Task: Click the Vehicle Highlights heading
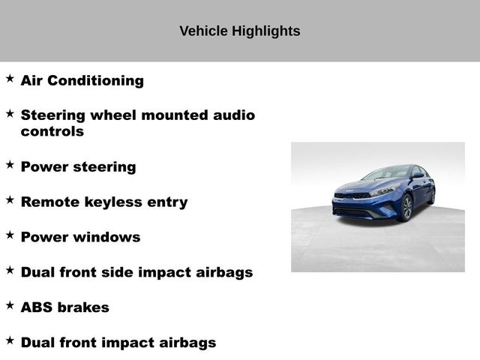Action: [240, 31]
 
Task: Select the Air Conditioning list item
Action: [82, 80]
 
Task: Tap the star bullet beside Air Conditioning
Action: [10, 78]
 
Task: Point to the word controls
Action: [52, 131]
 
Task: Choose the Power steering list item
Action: [78, 166]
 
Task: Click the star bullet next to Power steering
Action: [10, 163]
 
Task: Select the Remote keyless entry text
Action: [103, 202]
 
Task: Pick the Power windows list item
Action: [80, 237]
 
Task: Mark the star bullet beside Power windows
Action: [10, 235]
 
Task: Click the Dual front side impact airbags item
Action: [136, 272]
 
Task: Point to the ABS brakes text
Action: [64, 307]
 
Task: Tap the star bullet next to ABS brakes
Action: [10, 305]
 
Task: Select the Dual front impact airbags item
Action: [118, 343]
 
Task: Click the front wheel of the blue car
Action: [406, 208]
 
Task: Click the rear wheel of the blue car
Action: [430, 196]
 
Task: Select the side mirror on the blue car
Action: [417, 175]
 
